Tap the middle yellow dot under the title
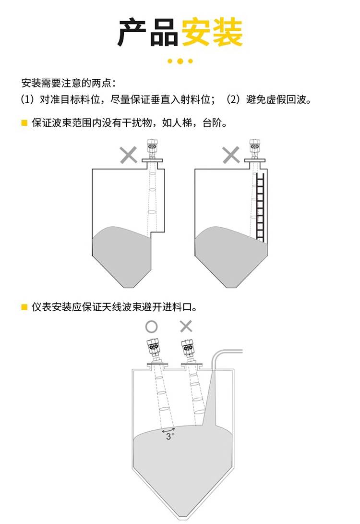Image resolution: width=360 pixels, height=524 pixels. [180, 61]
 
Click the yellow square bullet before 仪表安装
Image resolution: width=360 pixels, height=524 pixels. [24, 306]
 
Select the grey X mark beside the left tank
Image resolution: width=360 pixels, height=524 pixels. [128, 155]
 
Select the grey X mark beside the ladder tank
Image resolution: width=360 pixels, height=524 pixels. [231, 155]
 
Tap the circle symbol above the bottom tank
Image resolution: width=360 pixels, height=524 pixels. [151, 327]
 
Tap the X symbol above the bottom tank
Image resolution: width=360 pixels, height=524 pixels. [186, 327]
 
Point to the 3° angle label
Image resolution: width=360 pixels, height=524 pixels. [169, 436]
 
